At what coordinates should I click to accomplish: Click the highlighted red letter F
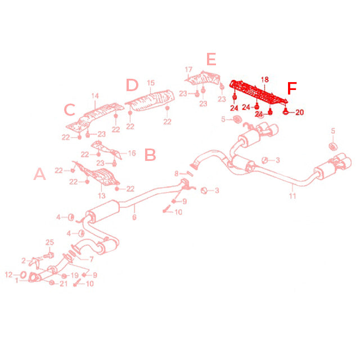(x=292, y=88)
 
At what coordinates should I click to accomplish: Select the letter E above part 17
(x=211, y=59)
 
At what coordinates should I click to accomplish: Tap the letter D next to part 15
(x=132, y=85)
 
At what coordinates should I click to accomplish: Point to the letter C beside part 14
(x=70, y=109)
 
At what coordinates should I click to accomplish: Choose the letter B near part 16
(x=150, y=155)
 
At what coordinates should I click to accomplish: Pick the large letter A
(x=40, y=174)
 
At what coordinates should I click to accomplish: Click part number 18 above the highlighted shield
(x=265, y=79)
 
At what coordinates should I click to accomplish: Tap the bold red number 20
(x=299, y=112)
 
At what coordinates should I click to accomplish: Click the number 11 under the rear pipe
(x=292, y=196)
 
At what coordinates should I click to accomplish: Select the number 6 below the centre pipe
(x=134, y=217)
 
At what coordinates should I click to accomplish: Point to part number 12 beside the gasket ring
(x=9, y=274)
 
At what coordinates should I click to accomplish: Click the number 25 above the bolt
(x=49, y=242)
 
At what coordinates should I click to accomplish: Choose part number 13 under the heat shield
(x=102, y=196)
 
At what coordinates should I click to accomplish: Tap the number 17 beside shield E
(x=188, y=69)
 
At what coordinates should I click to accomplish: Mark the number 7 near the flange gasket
(x=91, y=259)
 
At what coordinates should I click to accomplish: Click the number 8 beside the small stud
(x=176, y=173)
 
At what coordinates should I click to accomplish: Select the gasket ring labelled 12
(x=23, y=274)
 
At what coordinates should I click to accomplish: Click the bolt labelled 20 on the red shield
(x=285, y=111)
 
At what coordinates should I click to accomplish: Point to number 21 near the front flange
(x=64, y=283)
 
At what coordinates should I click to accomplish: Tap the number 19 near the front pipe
(x=75, y=275)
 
